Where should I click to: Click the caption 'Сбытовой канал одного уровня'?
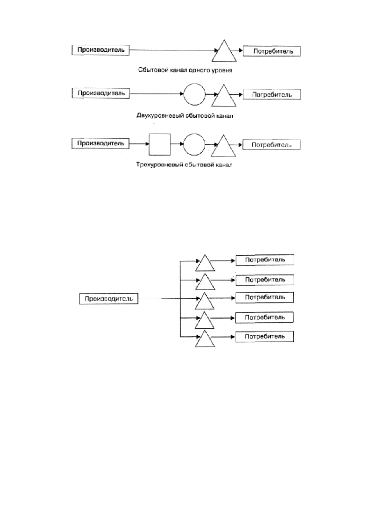point(185,70)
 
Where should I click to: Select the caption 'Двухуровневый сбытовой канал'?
point(185,116)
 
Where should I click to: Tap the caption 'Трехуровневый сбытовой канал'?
point(184,165)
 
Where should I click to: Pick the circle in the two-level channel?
point(195,84)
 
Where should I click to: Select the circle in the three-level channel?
point(194,134)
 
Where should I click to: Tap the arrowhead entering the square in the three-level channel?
point(147,144)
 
